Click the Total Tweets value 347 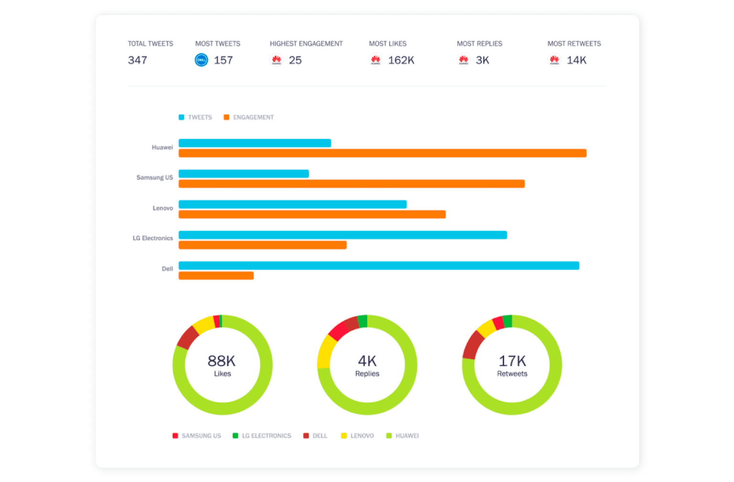pyautogui.click(x=137, y=60)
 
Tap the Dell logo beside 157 pyautogui.click(x=201, y=60)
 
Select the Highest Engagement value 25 pyautogui.click(x=295, y=60)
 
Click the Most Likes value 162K pyautogui.click(x=400, y=60)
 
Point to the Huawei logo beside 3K pyautogui.click(x=463, y=60)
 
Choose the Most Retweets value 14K pyautogui.click(x=576, y=60)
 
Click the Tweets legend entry pyautogui.click(x=195, y=117)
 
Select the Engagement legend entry pyautogui.click(x=249, y=117)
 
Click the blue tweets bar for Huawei pyautogui.click(x=255, y=143)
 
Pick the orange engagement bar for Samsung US pyautogui.click(x=351, y=184)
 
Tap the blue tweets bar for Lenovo pyautogui.click(x=292, y=204)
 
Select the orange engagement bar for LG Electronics pyautogui.click(x=262, y=245)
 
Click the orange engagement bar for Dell pyautogui.click(x=216, y=276)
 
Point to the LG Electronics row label pyautogui.click(x=152, y=238)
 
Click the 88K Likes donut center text pyautogui.click(x=222, y=365)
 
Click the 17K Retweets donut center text pyautogui.click(x=512, y=365)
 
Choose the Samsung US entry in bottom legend pyautogui.click(x=197, y=436)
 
